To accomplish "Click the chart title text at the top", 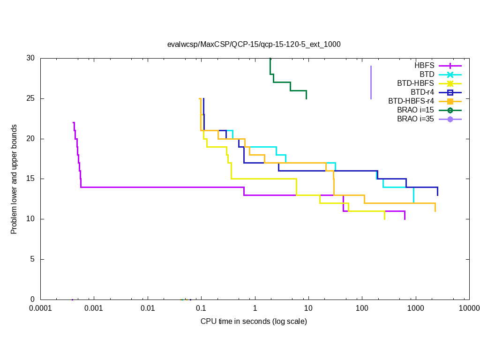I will coord(254,45).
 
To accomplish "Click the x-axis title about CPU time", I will coord(254,321).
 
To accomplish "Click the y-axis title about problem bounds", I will coord(14,179).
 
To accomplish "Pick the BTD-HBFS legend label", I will coord(415,83).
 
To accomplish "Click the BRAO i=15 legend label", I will coord(415,110).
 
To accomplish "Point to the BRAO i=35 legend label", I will coord(415,119).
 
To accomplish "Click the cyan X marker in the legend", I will coord(450,75).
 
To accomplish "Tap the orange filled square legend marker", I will coord(450,101).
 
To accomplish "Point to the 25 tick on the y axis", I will coord(30,98).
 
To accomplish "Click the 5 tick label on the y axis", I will coord(32,259).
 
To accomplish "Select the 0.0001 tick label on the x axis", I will coord(40,308).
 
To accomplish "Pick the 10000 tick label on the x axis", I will coord(469,308).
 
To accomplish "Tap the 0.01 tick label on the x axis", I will coord(148,308).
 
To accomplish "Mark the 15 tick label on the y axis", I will coord(30,179).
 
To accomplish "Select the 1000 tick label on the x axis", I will coord(415,308).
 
